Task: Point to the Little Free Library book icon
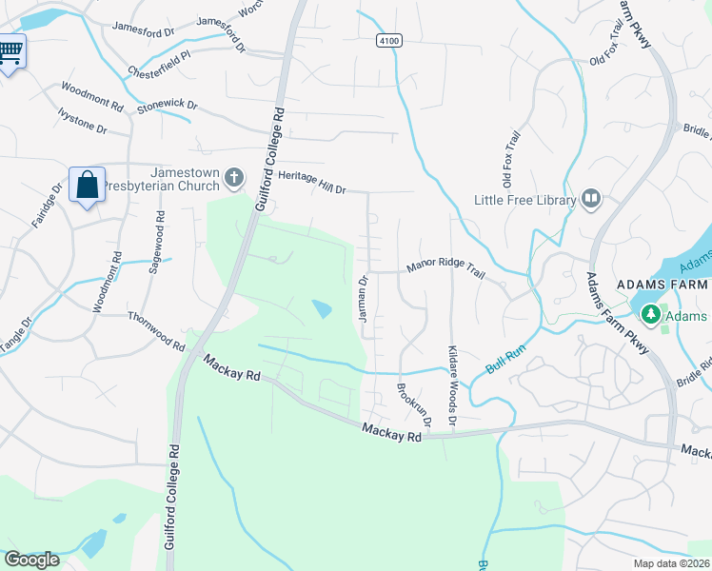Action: click(591, 199)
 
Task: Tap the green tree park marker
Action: click(651, 313)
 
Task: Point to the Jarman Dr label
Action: click(363, 299)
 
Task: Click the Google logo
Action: click(32, 560)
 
